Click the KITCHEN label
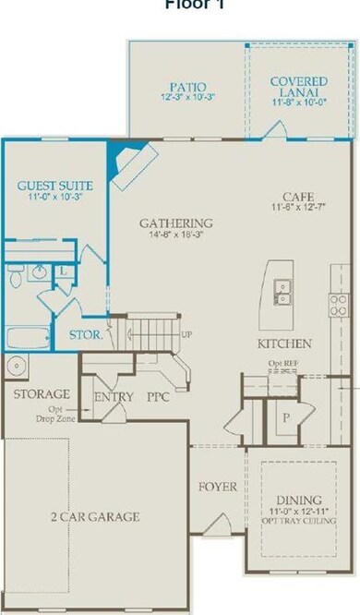click(x=283, y=344)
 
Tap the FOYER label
click(x=218, y=486)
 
